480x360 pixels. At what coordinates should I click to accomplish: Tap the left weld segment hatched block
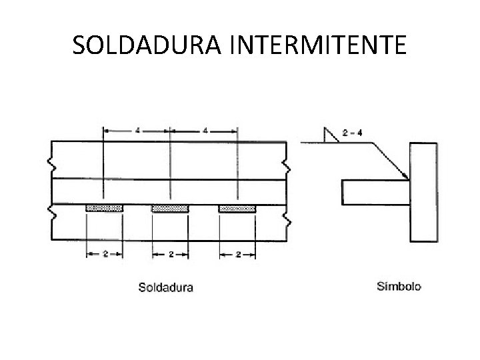pyautogui.click(x=104, y=208)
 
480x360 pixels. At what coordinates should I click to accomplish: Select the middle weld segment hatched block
pyautogui.click(x=171, y=208)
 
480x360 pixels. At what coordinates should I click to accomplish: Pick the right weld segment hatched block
pyautogui.click(x=237, y=208)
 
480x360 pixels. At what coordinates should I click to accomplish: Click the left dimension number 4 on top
pyautogui.click(x=137, y=131)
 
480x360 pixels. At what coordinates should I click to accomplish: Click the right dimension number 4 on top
pyautogui.click(x=205, y=131)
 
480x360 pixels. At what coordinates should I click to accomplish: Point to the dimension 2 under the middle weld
pyautogui.click(x=171, y=254)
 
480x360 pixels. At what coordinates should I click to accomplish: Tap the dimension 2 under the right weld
pyautogui.click(x=238, y=254)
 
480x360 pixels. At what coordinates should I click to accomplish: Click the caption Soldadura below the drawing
pyautogui.click(x=166, y=288)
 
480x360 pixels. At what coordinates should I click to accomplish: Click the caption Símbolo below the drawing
pyautogui.click(x=399, y=287)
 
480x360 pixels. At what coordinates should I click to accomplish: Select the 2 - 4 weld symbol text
pyautogui.click(x=351, y=133)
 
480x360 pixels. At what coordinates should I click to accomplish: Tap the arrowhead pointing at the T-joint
pyautogui.click(x=405, y=175)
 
